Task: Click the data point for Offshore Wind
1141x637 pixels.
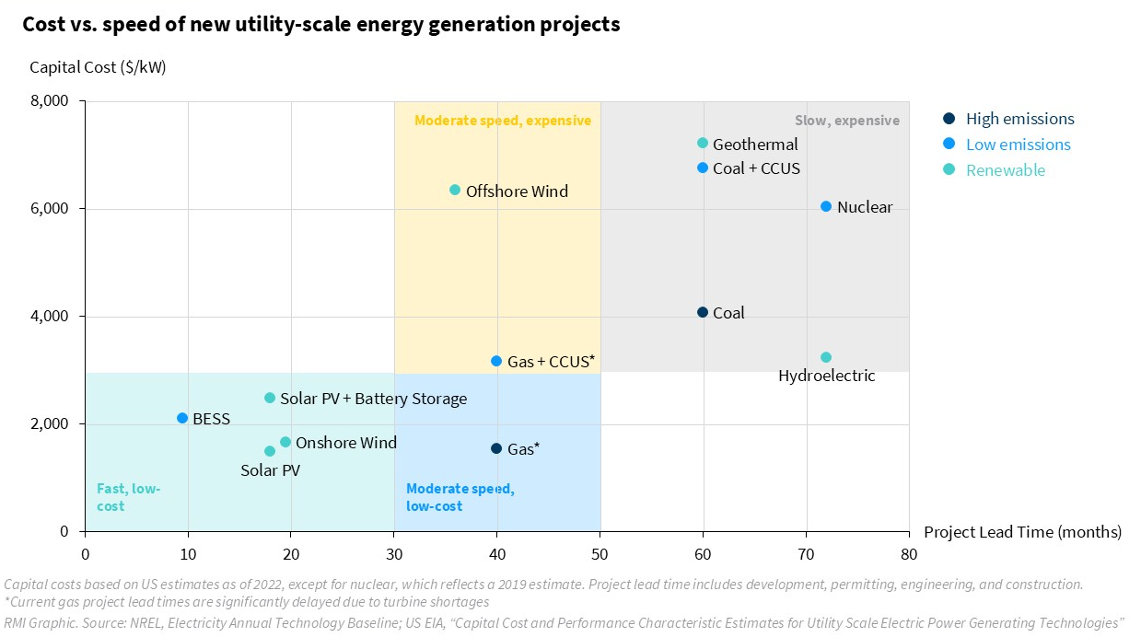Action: [455, 191]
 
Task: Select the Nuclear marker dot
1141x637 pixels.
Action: [826, 207]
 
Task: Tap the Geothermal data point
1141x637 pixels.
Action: [703, 144]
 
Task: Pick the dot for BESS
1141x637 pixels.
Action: [182, 419]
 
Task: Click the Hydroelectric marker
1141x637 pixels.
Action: [826, 358]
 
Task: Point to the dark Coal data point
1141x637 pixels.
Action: [703, 313]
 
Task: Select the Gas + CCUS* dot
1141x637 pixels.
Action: [496, 362]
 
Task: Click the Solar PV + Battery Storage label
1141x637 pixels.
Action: [373, 399]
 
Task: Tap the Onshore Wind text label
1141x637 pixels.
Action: [346, 443]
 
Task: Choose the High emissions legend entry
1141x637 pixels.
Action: [1019, 119]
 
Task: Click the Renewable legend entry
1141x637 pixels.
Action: [1006, 170]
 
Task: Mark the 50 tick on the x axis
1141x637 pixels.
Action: [600, 553]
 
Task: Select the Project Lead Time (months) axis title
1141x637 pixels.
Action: [1022, 532]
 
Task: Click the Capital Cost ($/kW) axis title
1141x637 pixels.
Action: [98, 67]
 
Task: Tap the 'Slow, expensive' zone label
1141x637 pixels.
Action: [846, 121]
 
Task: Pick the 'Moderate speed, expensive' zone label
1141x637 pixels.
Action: [503, 121]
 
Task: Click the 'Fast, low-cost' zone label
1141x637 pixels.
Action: [128, 497]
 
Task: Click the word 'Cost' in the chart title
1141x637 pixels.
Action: [43, 25]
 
